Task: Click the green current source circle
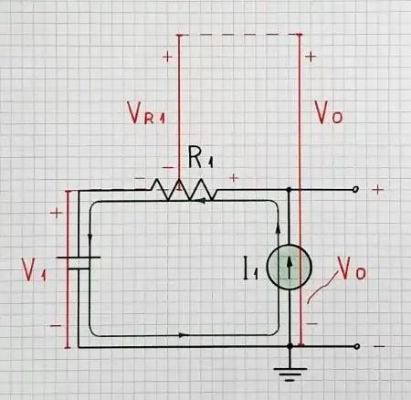(x=290, y=268)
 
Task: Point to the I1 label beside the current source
(x=252, y=268)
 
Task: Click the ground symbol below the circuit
(x=290, y=372)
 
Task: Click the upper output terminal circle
(x=356, y=190)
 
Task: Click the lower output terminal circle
(x=356, y=347)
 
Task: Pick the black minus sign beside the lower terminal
(x=378, y=348)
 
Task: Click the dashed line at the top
(x=239, y=35)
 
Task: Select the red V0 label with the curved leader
(x=352, y=270)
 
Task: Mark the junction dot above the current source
(x=290, y=190)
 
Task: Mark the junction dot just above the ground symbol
(x=290, y=347)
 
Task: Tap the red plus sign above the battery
(x=57, y=213)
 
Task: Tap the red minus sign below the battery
(x=57, y=324)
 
